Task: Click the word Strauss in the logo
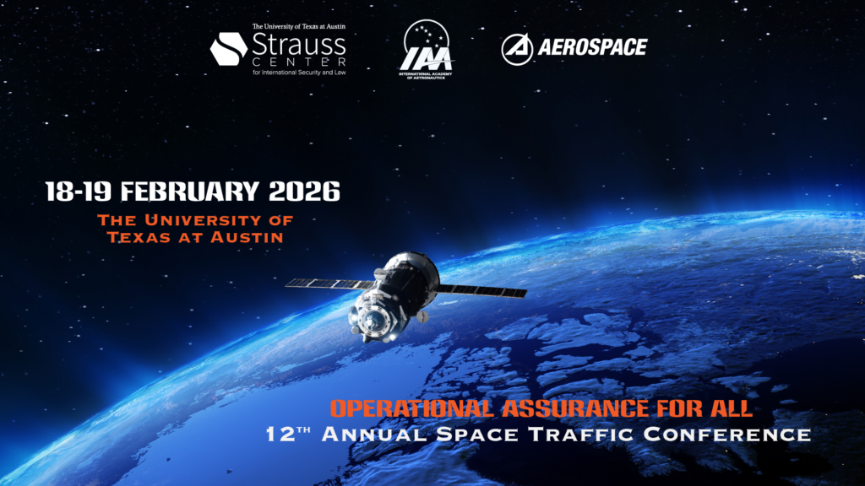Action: coord(299,42)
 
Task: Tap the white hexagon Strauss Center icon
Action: coord(228,48)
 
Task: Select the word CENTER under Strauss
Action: coord(299,62)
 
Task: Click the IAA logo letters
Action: coord(426,59)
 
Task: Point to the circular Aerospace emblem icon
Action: coord(517,49)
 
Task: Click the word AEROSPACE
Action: coord(592,47)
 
